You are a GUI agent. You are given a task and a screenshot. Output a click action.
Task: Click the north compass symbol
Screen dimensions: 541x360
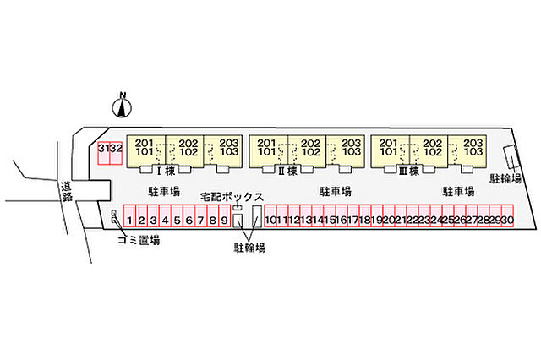point(122,106)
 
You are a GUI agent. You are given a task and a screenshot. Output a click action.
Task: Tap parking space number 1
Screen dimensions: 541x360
point(129,215)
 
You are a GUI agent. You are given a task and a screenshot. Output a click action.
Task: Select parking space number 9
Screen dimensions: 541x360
point(225,215)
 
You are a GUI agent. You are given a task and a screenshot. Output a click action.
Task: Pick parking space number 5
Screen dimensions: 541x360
point(177,215)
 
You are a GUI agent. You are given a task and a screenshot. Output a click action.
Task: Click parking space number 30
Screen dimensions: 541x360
point(507,215)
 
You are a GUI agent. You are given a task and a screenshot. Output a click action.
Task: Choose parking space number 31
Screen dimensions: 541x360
point(104,153)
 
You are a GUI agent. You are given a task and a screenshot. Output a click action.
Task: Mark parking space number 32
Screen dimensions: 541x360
point(116,153)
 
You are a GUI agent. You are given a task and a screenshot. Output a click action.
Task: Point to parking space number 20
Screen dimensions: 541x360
point(389,215)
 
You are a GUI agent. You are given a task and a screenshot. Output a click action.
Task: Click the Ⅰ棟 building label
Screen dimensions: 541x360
point(167,171)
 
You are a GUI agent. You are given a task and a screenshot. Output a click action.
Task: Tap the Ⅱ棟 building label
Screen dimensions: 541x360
point(287,171)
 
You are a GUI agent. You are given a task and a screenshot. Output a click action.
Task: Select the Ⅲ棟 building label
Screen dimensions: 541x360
point(409,171)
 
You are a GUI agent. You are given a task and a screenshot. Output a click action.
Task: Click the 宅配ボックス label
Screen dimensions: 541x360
point(232,197)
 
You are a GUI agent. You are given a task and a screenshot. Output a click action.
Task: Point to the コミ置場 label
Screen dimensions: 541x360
point(139,240)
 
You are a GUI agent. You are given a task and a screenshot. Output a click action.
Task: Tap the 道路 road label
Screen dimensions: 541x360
point(66,192)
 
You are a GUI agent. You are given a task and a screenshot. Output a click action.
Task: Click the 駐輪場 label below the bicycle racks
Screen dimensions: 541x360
point(249,248)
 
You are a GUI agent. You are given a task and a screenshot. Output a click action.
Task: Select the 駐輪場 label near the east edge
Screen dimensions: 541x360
point(505,178)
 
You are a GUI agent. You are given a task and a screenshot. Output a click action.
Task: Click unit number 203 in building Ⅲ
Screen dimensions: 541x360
point(473,143)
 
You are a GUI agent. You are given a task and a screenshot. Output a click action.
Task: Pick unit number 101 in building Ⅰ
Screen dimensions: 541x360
point(145,152)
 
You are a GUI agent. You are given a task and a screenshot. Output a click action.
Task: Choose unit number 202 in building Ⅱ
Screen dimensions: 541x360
point(310,143)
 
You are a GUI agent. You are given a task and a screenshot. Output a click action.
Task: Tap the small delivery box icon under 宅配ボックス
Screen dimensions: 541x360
point(238,207)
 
